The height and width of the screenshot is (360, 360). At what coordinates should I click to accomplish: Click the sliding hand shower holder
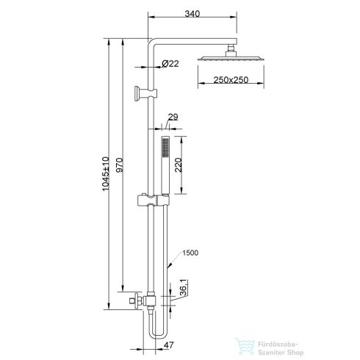click(153, 199)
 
